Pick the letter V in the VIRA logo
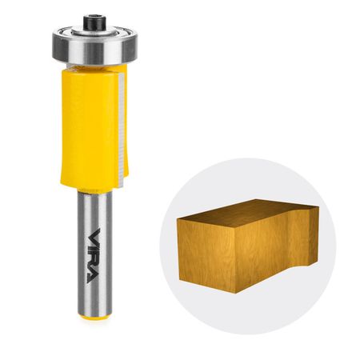(94, 235)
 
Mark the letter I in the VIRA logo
(94, 247)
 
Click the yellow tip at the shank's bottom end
(94, 318)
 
